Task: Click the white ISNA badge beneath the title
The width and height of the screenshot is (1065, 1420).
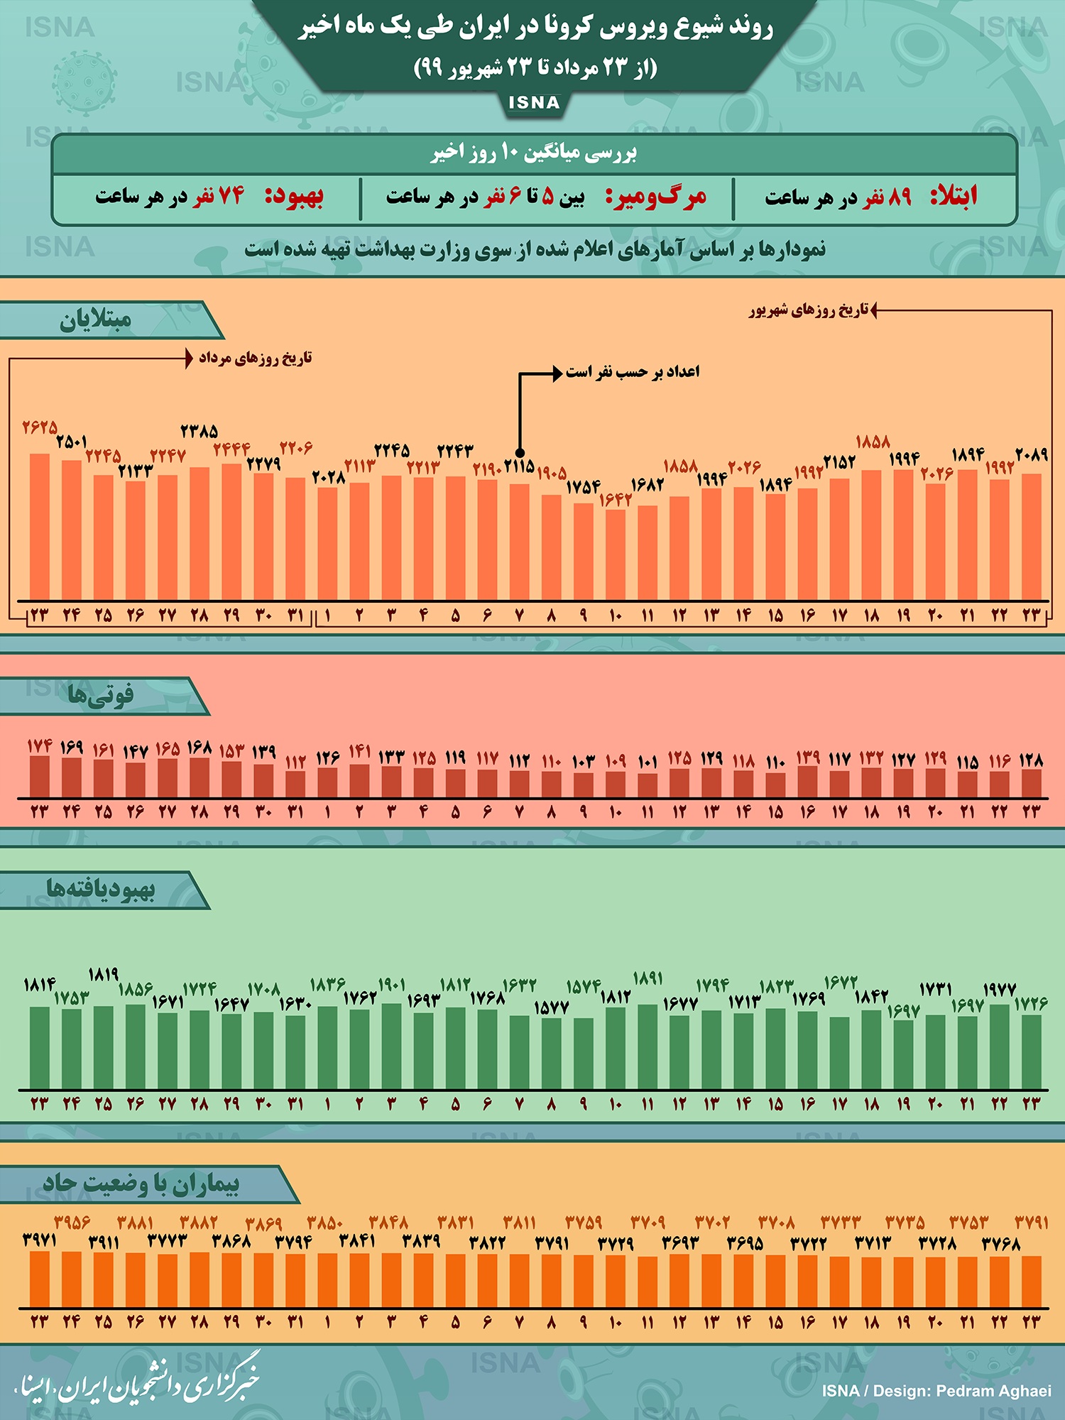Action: [534, 103]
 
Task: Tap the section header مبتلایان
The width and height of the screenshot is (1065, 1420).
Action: [96, 321]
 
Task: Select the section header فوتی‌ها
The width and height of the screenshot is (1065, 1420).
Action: [100, 695]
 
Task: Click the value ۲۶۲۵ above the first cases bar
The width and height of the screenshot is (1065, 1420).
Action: [39, 427]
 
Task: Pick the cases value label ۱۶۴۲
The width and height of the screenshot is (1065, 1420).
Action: [615, 500]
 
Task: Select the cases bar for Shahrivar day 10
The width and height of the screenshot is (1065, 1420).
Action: [615, 555]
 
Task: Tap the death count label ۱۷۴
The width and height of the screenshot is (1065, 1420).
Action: [40, 746]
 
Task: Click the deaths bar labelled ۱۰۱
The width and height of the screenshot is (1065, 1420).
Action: [647, 785]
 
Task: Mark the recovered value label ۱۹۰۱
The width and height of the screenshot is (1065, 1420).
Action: [391, 985]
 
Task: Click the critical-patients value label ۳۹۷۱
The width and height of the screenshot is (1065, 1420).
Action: [40, 1240]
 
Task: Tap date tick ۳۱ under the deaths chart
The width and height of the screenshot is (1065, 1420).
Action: [295, 812]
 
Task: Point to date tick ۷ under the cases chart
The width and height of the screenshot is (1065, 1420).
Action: [519, 616]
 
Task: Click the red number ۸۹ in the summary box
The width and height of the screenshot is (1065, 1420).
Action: [900, 197]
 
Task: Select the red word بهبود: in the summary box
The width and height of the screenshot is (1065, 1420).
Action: [294, 197]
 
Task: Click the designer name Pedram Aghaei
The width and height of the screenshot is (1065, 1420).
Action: [993, 1391]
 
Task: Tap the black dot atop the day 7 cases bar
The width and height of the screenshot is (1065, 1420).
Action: [520, 453]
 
